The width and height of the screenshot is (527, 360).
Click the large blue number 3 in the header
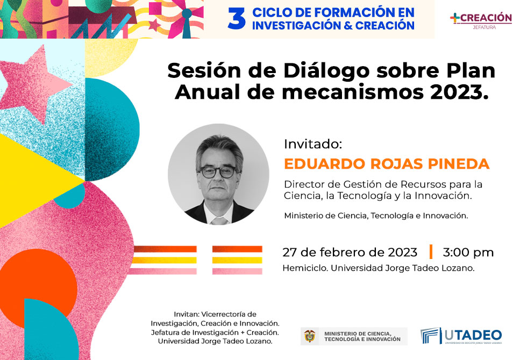pyautogui.click(x=237, y=18)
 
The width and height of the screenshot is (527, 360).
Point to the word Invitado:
pyautogui.click(x=313, y=144)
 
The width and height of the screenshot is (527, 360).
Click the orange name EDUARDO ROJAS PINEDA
pyautogui.click(x=387, y=164)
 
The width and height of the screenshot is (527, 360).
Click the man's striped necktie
pyautogui.click(x=219, y=221)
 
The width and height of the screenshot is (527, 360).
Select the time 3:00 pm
pyautogui.click(x=468, y=252)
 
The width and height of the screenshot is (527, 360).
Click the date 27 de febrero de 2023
pyautogui.click(x=350, y=252)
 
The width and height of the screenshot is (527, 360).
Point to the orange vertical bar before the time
pyautogui.click(x=431, y=252)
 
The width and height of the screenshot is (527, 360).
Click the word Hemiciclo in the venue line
pyautogui.click(x=305, y=268)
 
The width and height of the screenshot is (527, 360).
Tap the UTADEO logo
pyautogui.click(x=461, y=336)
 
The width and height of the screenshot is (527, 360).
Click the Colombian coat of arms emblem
pyautogui.click(x=310, y=336)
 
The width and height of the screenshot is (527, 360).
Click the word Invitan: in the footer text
pyautogui.click(x=187, y=314)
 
